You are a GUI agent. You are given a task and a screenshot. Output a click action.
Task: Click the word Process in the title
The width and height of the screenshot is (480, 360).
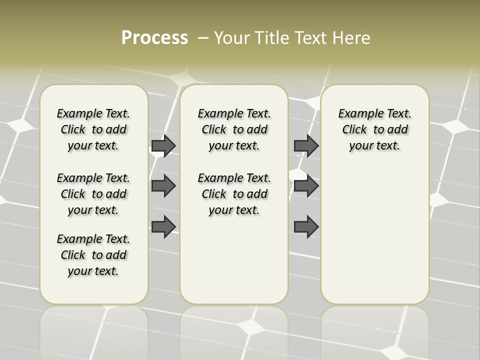pos(154,37)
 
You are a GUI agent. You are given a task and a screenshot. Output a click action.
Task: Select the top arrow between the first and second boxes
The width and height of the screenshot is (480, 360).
pos(163,145)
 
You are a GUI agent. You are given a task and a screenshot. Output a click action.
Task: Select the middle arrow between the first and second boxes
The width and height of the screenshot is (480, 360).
pos(163,186)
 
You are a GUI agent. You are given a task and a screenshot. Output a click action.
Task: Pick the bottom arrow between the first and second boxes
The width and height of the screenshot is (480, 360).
pos(163,227)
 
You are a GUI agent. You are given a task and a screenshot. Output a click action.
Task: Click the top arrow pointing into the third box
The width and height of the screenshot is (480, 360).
pos(306,145)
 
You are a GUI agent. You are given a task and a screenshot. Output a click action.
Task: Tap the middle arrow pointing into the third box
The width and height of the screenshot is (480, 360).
pos(306,186)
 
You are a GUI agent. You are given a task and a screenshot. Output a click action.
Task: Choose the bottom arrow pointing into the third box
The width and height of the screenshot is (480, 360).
pos(306,227)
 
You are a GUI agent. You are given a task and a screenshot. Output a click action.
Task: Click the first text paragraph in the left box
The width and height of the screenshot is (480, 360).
pos(93,129)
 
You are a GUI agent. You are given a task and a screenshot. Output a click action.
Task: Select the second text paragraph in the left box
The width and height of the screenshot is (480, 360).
pos(93,194)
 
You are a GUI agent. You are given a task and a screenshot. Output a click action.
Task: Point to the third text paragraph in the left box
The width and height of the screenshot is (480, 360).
pos(93,255)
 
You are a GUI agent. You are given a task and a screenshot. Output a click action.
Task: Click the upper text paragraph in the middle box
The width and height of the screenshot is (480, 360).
pos(234,129)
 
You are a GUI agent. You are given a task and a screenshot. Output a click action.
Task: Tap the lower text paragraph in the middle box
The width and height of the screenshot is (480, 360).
pos(234,194)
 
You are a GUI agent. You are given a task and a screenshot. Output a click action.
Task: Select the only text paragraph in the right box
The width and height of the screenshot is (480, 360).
pos(374,129)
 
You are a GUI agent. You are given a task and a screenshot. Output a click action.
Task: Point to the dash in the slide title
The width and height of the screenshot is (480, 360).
pos(203,38)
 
